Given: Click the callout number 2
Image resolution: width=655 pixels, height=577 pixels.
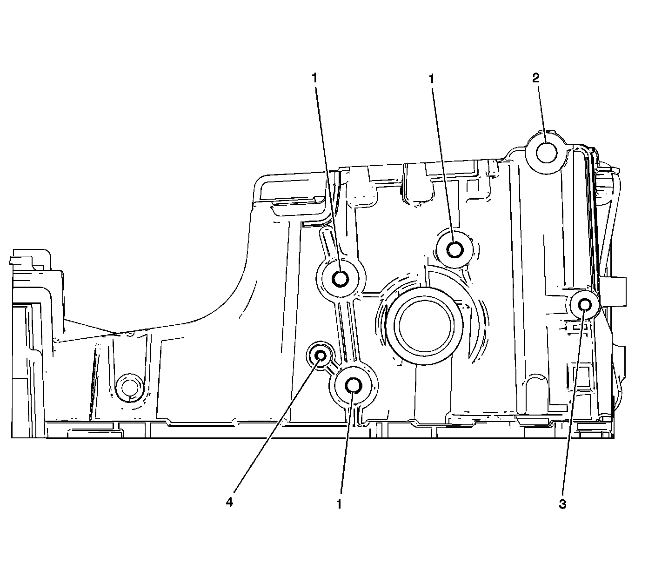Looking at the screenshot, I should click(x=536, y=78).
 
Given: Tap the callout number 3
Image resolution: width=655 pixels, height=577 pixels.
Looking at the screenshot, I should click(x=562, y=504).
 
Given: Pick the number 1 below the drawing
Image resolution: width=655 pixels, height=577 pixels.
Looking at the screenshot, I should click(x=340, y=504).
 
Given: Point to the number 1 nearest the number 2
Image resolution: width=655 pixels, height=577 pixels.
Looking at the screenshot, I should click(x=432, y=78).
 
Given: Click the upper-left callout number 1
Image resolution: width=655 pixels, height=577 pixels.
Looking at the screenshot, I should click(x=315, y=78).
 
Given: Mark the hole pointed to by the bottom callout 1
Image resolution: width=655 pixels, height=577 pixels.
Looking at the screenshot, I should click(x=354, y=385).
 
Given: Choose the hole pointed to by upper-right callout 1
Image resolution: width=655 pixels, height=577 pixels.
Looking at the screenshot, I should click(x=454, y=249).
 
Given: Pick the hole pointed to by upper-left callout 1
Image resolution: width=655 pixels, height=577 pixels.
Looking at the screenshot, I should click(x=341, y=279).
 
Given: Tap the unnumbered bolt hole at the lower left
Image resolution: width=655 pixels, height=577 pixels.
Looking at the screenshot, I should click(x=128, y=388).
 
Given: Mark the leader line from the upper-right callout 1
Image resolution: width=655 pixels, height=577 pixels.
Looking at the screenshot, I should click(x=443, y=163).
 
